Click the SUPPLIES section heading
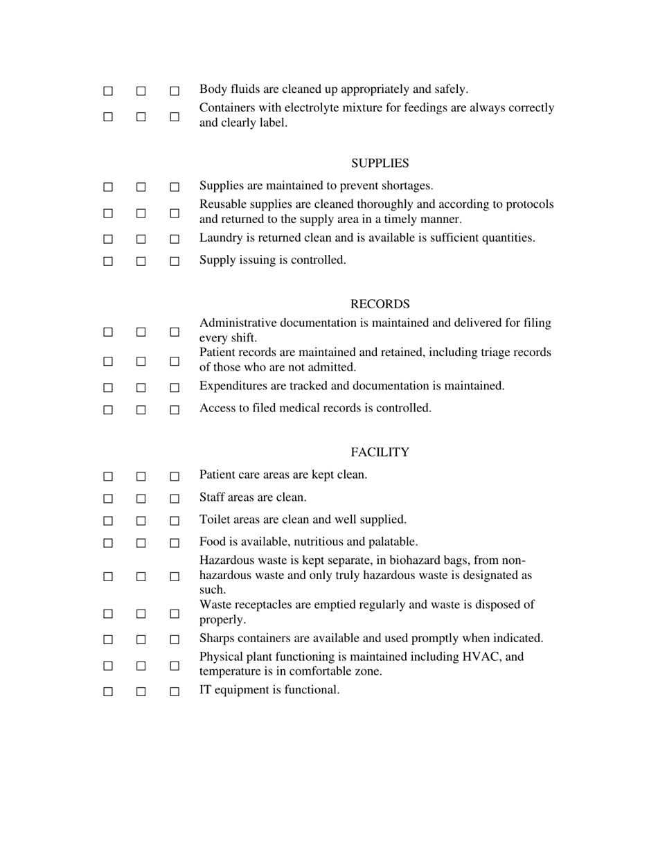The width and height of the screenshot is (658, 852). point(380,163)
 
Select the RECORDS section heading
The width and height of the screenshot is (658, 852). point(380,304)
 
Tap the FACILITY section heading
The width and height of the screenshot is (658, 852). point(380,452)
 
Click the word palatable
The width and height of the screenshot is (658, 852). point(391,542)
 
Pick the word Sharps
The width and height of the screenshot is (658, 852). point(216,638)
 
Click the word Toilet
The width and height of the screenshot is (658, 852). point(215,520)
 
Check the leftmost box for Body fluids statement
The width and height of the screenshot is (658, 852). point(108,91)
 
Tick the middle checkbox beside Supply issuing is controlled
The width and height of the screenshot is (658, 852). point(141,262)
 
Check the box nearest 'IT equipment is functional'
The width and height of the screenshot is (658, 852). point(175,691)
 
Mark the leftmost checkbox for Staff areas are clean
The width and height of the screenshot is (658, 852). point(108,499)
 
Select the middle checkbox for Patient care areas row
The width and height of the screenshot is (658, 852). point(141,477)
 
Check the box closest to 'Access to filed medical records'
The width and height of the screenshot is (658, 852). point(175,409)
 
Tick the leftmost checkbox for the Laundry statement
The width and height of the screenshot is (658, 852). point(108,240)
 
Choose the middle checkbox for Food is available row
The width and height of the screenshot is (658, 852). point(141,543)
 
